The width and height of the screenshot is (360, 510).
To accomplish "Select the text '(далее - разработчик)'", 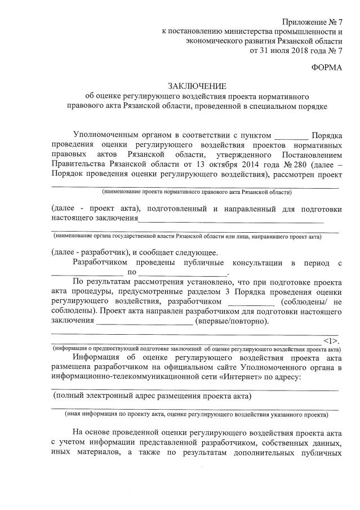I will (90, 252).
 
